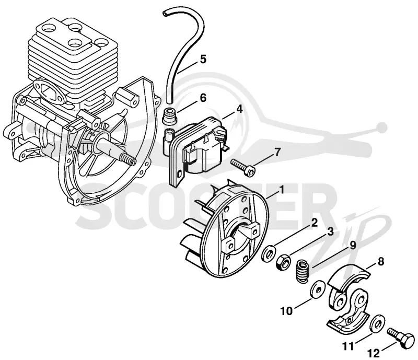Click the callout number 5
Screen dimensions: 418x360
(203, 59)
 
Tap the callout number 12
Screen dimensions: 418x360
(374, 353)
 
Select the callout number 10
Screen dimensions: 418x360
(286, 311)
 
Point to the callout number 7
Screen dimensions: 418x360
(277, 152)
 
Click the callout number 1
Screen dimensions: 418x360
(281, 190)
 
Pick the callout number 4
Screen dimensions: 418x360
(239, 109)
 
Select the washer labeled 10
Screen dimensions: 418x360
(317, 289)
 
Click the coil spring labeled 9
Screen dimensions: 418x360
(304, 270)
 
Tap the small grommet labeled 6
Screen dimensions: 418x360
(169, 115)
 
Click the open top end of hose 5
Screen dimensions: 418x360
(165, 14)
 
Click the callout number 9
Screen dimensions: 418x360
(352, 246)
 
